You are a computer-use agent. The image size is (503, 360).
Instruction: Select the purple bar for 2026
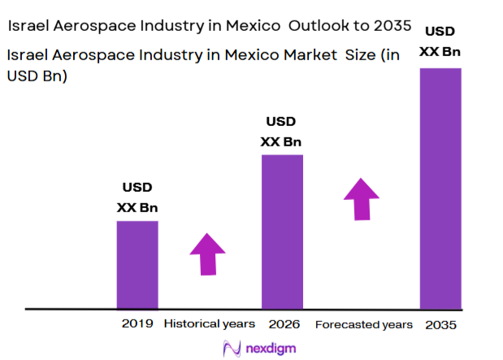click(x=281, y=232)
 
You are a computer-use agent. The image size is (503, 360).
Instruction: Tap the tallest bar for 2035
click(x=440, y=189)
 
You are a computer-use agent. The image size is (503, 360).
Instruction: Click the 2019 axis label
click(x=137, y=323)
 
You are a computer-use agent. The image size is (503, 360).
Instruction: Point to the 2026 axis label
click(x=281, y=324)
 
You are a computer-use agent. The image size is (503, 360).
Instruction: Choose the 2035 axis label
click(x=440, y=324)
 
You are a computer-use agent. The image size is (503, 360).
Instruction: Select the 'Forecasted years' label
click(x=363, y=324)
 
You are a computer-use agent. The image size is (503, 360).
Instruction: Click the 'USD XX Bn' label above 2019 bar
click(x=137, y=197)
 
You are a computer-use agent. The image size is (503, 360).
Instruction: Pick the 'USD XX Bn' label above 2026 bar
click(x=281, y=132)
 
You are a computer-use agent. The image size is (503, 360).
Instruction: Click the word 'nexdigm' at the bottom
click(x=267, y=348)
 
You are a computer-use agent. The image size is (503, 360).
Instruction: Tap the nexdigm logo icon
click(x=231, y=348)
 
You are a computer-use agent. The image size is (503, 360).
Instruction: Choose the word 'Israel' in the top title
click(x=30, y=26)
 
